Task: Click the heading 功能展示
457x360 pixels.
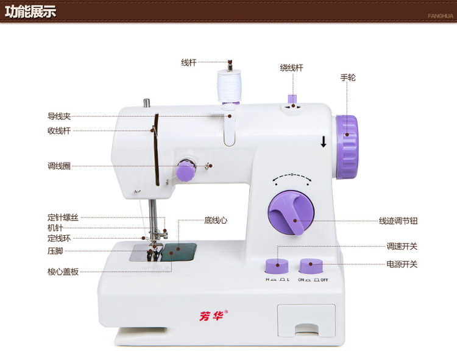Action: (x=30, y=10)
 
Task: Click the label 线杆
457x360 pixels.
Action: (x=188, y=62)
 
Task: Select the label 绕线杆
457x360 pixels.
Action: (x=291, y=68)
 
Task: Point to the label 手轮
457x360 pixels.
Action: (x=348, y=78)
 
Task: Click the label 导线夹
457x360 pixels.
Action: (x=59, y=116)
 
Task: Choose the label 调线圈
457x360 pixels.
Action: (x=59, y=166)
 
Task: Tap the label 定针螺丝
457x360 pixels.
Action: (x=63, y=217)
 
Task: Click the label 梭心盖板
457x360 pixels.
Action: (x=63, y=272)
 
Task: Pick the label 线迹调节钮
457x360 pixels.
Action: (x=399, y=221)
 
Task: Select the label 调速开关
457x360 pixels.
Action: (x=402, y=247)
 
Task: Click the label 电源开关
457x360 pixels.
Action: (x=402, y=264)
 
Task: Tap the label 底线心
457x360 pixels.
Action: (x=216, y=220)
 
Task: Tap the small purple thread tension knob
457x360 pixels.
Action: (x=186, y=171)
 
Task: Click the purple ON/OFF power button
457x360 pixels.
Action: (x=311, y=266)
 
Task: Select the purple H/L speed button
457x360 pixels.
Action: (x=277, y=266)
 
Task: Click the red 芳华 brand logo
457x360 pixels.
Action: (x=213, y=316)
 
